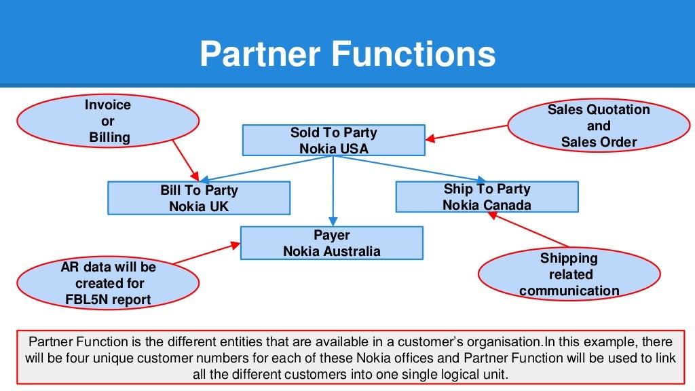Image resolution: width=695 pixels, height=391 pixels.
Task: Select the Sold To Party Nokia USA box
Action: pos(333,140)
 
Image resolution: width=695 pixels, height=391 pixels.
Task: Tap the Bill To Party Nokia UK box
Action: pos(199,198)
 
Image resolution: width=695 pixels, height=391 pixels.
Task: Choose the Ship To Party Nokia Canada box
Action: pos(487,196)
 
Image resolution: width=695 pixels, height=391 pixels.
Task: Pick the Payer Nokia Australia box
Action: pos(332,243)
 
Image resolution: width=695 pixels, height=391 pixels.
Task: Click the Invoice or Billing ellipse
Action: pos(109,122)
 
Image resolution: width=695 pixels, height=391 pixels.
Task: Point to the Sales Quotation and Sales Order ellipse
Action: pos(599,126)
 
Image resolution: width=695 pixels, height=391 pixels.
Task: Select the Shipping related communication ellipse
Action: pos(569,274)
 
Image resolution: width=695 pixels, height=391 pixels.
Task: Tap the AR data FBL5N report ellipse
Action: pos(108,283)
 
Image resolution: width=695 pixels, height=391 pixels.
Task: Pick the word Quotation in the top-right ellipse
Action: pos(618,109)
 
